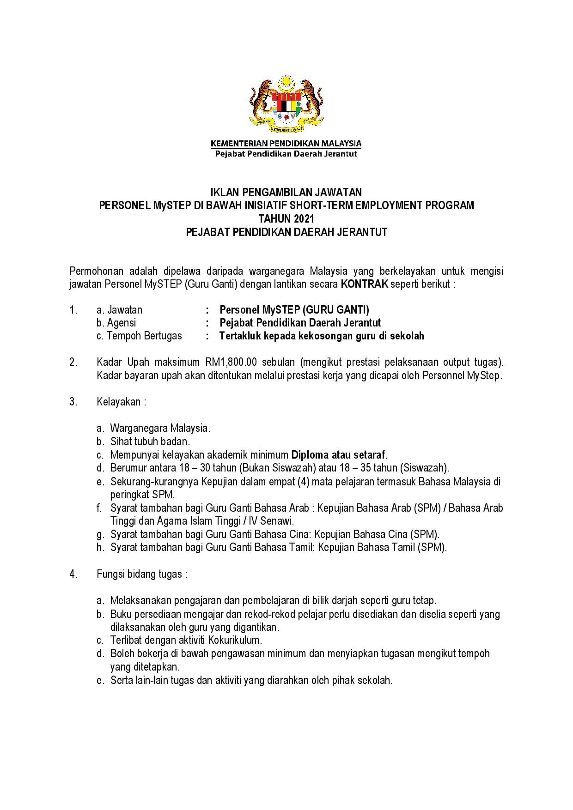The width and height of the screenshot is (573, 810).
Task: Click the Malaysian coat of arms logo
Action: (286, 104)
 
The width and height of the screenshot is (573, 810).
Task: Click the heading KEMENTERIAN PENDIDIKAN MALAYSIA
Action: (286, 144)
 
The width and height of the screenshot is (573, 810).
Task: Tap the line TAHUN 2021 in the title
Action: (286, 218)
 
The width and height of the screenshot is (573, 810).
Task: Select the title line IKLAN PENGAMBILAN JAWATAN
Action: (286, 192)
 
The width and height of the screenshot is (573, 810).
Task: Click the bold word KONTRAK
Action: (364, 284)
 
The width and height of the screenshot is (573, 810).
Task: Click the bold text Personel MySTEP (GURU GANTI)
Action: (294, 310)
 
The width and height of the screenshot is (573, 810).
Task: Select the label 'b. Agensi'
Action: (116, 323)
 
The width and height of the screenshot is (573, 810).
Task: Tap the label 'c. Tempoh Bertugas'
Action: (139, 336)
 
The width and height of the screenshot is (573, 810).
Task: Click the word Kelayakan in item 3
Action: (118, 402)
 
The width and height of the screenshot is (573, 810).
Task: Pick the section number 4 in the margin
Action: (73, 574)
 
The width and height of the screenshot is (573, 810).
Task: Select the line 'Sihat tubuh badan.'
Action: (150, 441)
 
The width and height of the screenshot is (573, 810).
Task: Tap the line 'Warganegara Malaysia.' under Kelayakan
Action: (160, 428)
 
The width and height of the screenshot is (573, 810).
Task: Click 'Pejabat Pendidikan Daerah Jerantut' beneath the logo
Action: (286, 154)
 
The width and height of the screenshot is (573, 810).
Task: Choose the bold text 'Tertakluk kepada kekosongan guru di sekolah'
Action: (322, 336)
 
